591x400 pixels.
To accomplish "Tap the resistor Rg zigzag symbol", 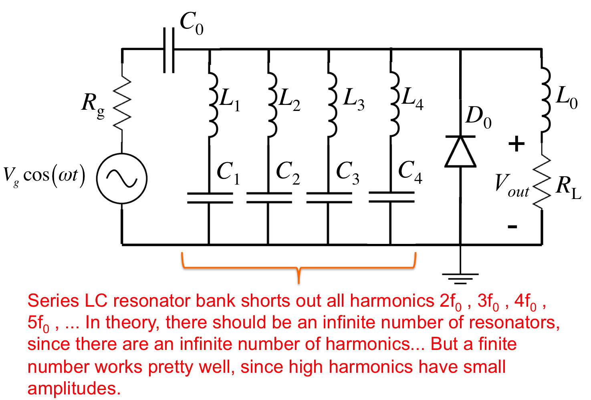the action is [x=122, y=103].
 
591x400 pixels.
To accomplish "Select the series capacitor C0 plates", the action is [x=169, y=50].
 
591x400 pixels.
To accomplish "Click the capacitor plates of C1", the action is [x=210, y=198].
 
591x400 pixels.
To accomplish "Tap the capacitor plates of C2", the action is [x=269, y=198].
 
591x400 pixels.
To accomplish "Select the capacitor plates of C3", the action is [x=329, y=198].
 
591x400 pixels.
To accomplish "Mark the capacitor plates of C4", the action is [x=391, y=197].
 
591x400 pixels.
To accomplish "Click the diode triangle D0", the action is [x=460, y=152].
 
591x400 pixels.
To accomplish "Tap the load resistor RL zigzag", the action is [x=542, y=182].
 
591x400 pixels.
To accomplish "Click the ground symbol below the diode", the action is [x=460, y=279].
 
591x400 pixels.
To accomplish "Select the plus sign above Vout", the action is [x=516, y=144].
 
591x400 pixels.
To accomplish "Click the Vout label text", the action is [x=512, y=186].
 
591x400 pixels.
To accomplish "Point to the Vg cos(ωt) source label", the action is [x=44, y=176].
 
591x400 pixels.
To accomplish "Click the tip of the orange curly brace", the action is [x=299, y=283].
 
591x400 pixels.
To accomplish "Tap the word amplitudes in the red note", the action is [x=74, y=388].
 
